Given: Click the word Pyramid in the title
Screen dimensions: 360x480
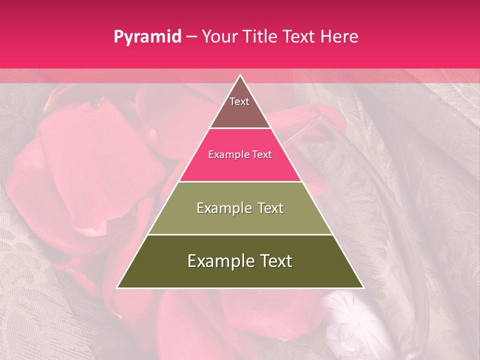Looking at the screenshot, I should (147, 36).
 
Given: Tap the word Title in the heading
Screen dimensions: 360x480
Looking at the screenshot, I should (262, 36).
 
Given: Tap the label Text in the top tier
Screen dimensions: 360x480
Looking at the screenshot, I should (239, 101).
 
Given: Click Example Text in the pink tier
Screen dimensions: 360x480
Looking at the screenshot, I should (240, 154).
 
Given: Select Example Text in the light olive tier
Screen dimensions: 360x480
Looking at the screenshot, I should (240, 208).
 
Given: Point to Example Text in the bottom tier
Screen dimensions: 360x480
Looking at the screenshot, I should (240, 261).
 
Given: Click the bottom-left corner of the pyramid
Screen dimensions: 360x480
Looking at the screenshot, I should (117, 287).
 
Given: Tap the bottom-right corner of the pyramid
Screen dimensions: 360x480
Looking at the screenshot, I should (363, 287).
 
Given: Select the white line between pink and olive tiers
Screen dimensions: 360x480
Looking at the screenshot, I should (240, 181).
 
